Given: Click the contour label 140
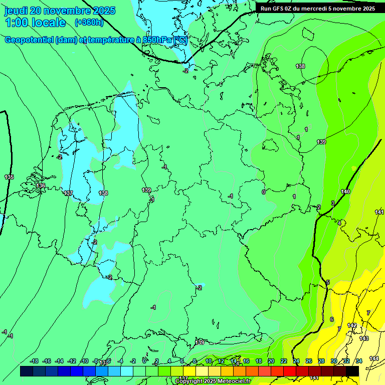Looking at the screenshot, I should pos(345,191).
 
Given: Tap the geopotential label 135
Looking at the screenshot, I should pos(9,177).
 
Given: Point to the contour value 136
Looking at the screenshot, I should pos(41,185).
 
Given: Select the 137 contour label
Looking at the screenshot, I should pos(69,193).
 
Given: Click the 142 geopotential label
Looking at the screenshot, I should pos(352,325).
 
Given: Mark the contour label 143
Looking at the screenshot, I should pos(364,338).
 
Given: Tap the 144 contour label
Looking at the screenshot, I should pos(374,358).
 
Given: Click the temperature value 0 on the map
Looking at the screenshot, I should pos(263,191).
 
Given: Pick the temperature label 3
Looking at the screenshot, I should pos(332,203).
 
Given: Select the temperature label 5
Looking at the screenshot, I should pos(328,282).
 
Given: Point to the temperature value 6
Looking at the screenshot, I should pos(331,319).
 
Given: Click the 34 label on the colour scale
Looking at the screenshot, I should pos(359,361).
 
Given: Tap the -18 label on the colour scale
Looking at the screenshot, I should pos(34,361).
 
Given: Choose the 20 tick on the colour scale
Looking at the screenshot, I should pos(271,361).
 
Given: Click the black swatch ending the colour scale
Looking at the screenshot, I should pos(352,371).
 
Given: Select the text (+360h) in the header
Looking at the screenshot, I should pos(89,22).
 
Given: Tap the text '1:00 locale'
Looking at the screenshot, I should pos(35,23).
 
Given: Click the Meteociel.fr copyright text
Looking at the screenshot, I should pos(213,381).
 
